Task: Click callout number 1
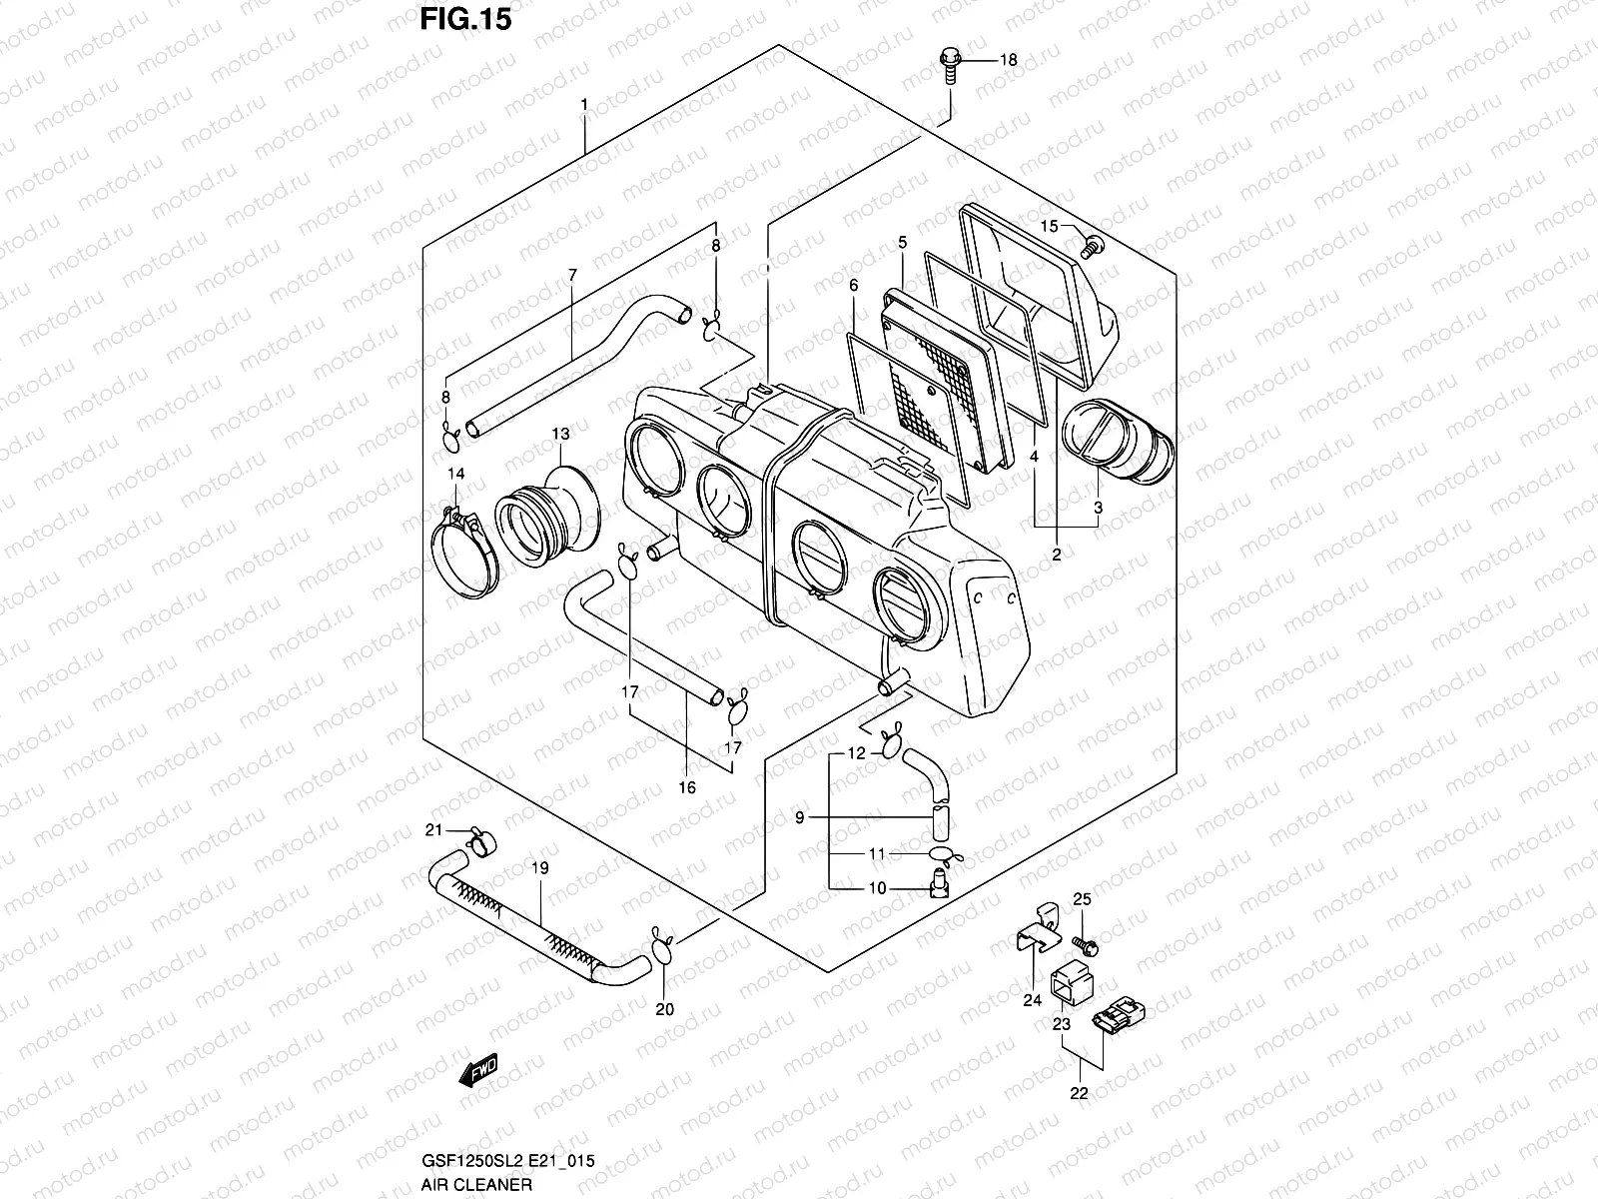pos(584,105)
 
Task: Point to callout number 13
pos(560,434)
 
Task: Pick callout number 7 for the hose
pos(572,274)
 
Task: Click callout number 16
pos(687,787)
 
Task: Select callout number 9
pos(799,818)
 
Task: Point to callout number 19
pos(539,869)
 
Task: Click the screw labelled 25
pos(1084,942)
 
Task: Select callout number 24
pos(1033,998)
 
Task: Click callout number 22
pos(1079,1093)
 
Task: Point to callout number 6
pos(854,286)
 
